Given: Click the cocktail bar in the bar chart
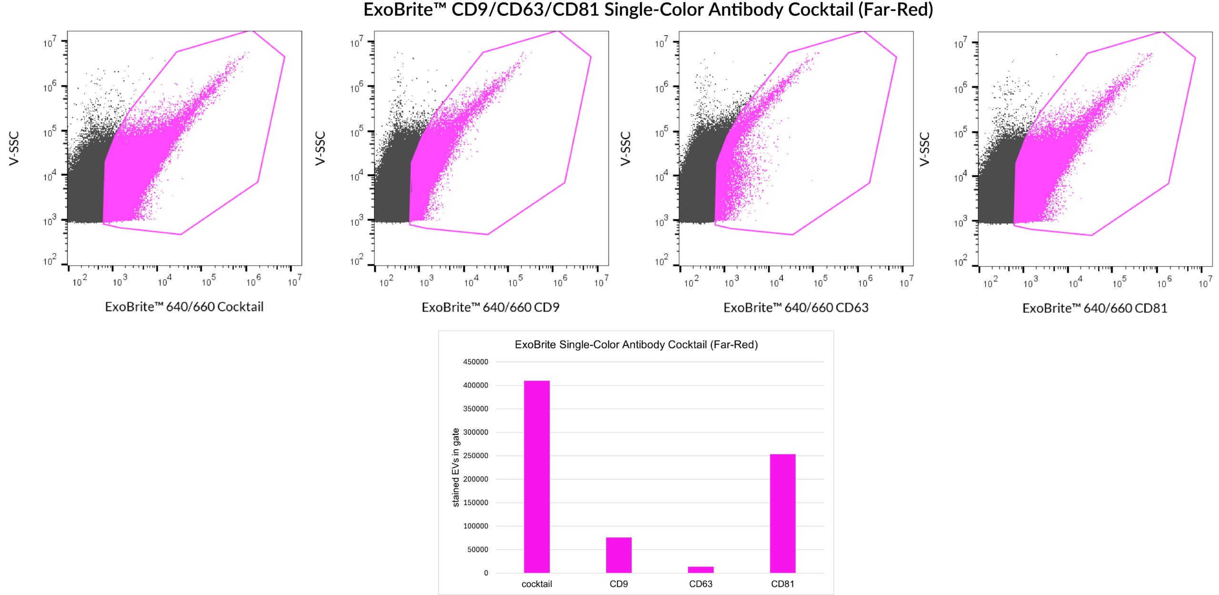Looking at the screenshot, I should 537,477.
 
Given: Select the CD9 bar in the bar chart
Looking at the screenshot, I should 619,555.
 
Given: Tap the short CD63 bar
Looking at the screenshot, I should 700,570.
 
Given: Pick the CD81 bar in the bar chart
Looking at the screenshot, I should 782,513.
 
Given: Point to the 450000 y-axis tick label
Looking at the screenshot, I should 475,362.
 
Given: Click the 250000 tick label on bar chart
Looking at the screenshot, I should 475,456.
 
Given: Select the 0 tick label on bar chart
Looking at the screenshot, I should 486,573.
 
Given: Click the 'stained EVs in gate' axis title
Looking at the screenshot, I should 456,467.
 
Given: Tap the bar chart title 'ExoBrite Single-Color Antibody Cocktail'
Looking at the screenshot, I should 636,345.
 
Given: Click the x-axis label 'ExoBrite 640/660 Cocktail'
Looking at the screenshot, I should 184,307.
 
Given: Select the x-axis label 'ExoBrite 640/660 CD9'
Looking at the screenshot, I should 490,308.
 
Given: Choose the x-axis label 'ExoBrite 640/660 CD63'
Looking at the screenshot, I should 796,308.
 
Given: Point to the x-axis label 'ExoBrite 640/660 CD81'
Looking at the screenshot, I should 1095,308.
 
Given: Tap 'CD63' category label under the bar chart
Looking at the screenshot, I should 700,584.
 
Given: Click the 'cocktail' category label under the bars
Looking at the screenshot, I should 537,584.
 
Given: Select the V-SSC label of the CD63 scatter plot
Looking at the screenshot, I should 625,149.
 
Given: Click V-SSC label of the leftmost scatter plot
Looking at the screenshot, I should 14,149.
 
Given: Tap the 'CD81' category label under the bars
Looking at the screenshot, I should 782,584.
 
